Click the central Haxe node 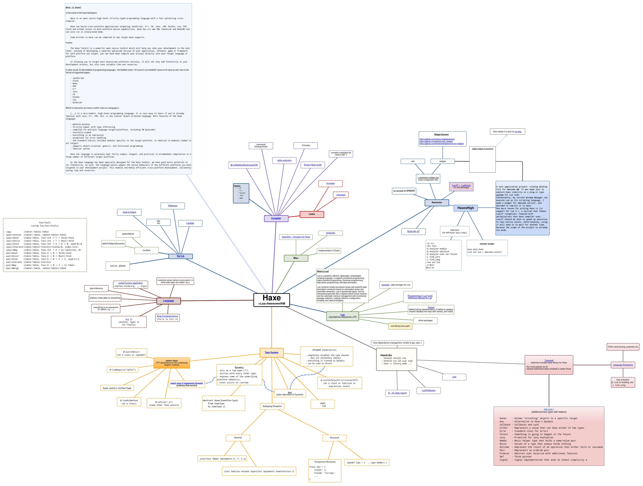coord(272,300)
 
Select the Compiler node coord(276,218)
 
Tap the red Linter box coord(312,214)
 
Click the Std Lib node coord(181,256)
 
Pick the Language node coord(169,301)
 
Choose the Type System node coord(272,353)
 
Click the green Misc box coord(296,258)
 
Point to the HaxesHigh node coord(465,208)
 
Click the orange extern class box coord(172,363)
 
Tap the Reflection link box coord(173,206)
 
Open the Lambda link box coord(190,223)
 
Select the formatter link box coord(331,183)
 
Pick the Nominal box coord(238,438)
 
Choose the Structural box coord(334,438)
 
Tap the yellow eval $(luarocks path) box coord(400,326)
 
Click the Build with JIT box coord(413,232)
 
